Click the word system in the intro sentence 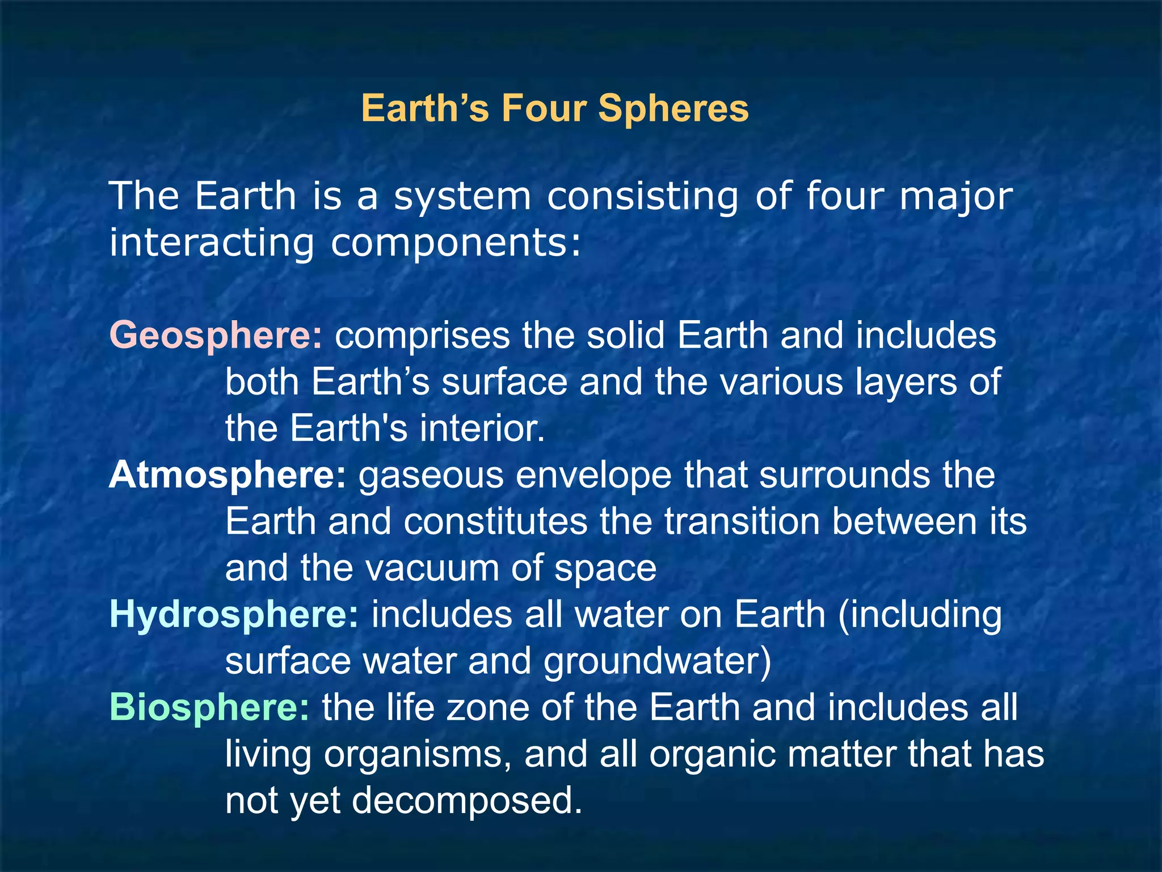coord(462,196)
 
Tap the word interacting coord(212,243)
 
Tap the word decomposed coord(466,800)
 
